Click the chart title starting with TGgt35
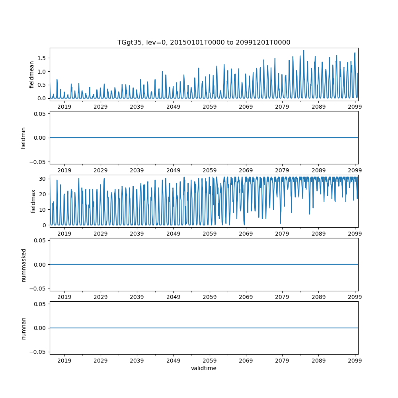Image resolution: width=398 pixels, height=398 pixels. tap(204, 42)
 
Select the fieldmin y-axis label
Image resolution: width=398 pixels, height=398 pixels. tap(23, 138)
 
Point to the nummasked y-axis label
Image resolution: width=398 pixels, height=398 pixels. tap(23, 265)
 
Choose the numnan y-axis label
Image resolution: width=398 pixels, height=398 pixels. tap(23, 328)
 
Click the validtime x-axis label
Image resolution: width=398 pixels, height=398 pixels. tap(204, 368)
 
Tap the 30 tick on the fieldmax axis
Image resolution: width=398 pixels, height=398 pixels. tap(43, 179)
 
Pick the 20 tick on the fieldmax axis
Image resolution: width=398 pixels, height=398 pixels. tap(43, 194)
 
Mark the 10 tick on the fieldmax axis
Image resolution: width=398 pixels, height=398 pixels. tap(43, 209)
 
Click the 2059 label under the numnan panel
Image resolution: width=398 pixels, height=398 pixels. tap(210, 360)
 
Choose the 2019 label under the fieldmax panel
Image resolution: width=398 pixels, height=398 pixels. tap(64, 233)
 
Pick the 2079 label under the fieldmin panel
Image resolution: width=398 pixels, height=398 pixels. tap(282, 170)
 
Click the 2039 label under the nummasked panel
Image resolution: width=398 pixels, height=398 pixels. tap(137, 297)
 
